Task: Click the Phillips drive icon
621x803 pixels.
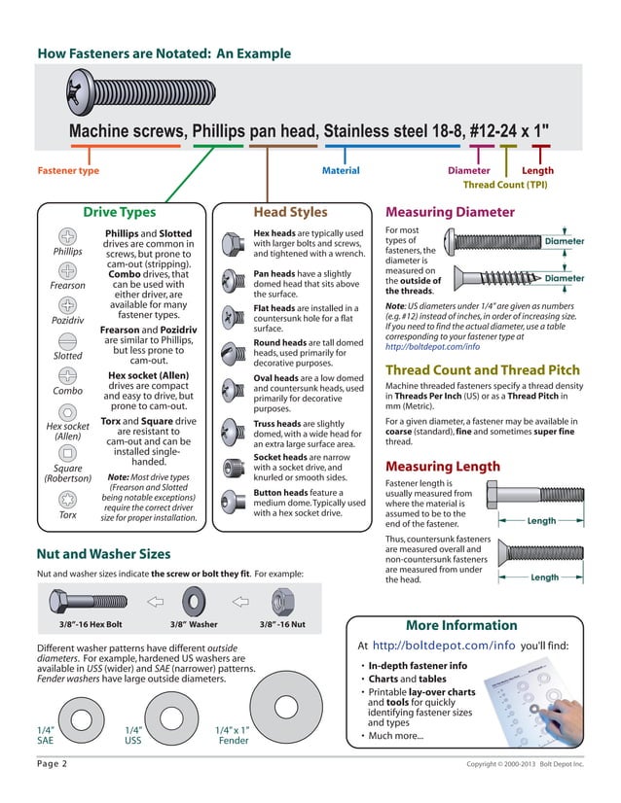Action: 68,236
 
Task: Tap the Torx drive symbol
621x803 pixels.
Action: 68,500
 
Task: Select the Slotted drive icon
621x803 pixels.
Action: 68,341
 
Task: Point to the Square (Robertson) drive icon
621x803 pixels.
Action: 68,448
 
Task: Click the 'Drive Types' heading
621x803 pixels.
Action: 119,212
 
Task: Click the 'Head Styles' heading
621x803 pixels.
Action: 290,212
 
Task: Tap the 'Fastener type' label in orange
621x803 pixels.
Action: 68,171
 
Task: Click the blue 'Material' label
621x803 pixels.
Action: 341,171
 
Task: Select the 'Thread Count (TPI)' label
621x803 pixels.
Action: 504,184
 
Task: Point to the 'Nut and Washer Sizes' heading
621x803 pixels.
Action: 103,554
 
